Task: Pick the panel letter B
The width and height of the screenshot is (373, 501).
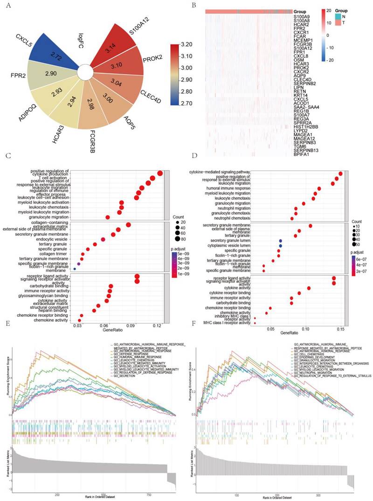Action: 193,5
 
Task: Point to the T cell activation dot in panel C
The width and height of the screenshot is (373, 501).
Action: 152,178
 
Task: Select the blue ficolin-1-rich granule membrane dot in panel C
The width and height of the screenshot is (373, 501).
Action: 75,269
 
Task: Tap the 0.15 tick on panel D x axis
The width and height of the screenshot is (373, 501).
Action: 341,328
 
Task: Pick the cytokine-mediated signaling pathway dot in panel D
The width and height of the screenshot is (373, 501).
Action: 340,174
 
